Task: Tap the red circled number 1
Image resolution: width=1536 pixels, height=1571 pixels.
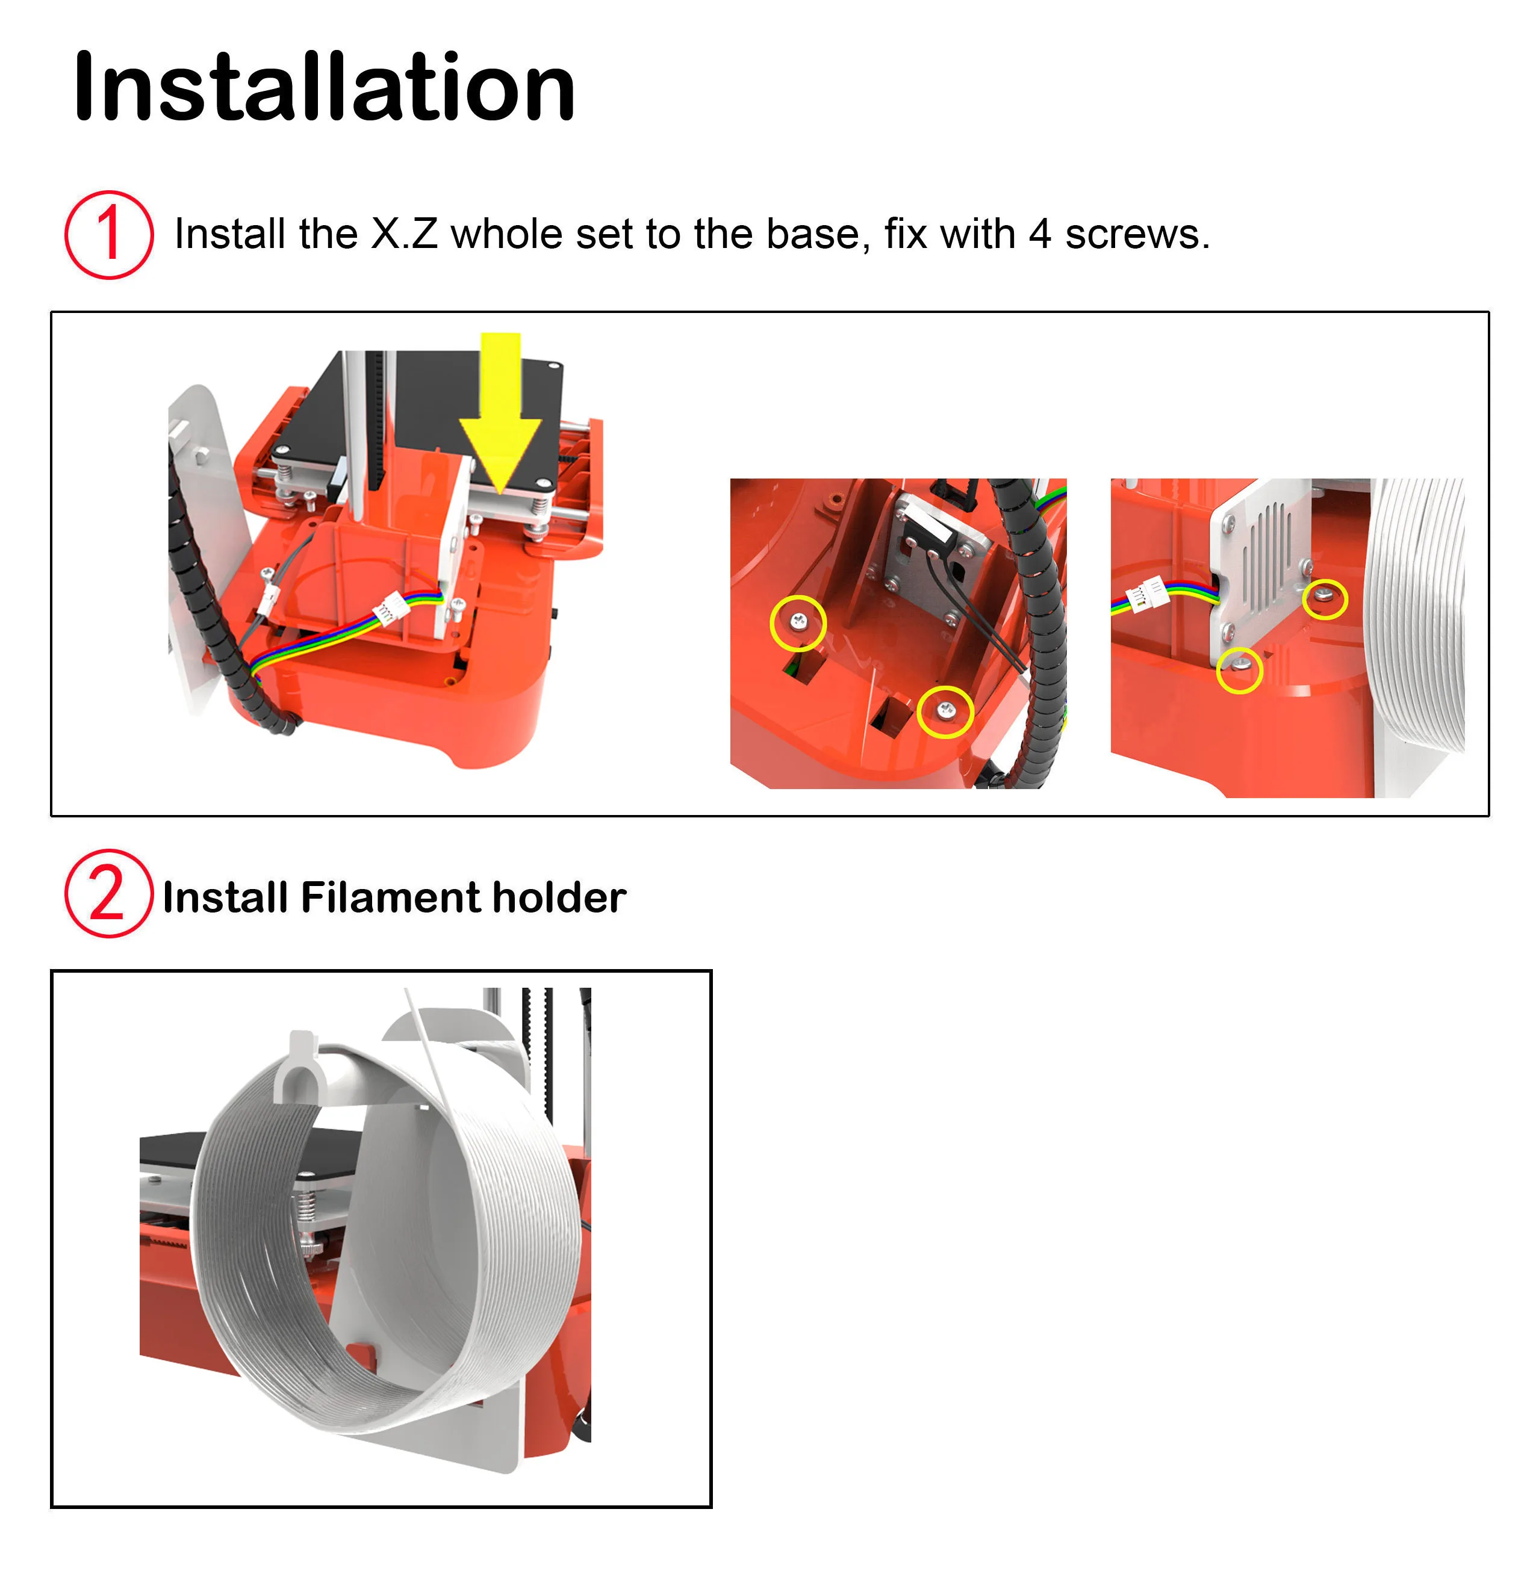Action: pyautogui.click(x=108, y=235)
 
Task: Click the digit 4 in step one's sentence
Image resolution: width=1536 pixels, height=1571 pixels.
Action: pyautogui.click(x=1039, y=235)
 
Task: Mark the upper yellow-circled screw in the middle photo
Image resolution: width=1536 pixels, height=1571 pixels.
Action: pyautogui.click(x=798, y=622)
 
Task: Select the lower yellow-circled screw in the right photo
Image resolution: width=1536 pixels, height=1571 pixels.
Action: pyautogui.click(x=1240, y=667)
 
